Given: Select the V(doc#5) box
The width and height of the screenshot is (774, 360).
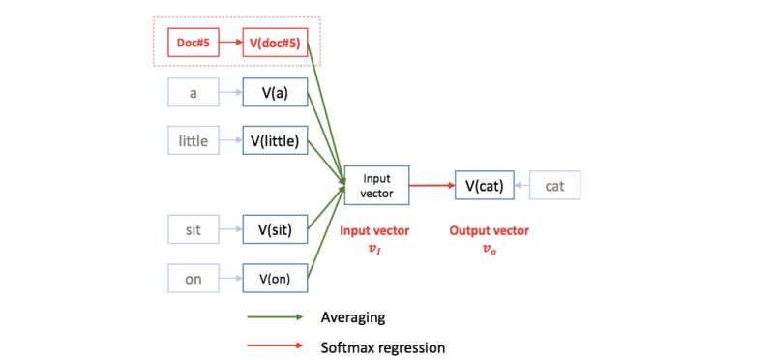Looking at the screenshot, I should pyautogui.click(x=276, y=43).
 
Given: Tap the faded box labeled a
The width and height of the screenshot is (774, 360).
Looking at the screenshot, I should pyautogui.click(x=193, y=93).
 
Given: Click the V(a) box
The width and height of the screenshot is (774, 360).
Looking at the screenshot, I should pyautogui.click(x=276, y=93).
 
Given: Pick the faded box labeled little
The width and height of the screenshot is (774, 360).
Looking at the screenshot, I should pyautogui.click(x=193, y=140).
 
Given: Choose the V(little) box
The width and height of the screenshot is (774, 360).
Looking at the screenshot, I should pyautogui.click(x=276, y=140).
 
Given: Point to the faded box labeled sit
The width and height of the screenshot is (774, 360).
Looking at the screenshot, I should pyautogui.click(x=193, y=229).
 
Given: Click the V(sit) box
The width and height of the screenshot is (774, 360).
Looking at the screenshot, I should pyautogui.click(x=276, y=229).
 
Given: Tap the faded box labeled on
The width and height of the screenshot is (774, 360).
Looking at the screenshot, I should pyautogui.click(x=193, y=278).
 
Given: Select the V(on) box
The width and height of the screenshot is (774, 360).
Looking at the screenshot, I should pyautogui.click(x=276, y=278).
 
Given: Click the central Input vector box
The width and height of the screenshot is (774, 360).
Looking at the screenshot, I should pyautogui.click(x=377, y=185).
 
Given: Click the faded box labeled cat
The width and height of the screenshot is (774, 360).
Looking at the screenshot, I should pyautogui.click(x=554, y=185).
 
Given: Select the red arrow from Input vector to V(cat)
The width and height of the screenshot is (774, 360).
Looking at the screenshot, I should pyautogui.click(x=432, y=185).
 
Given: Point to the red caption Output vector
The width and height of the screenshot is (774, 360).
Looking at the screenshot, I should pyautogui.click(x=489, y=231).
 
